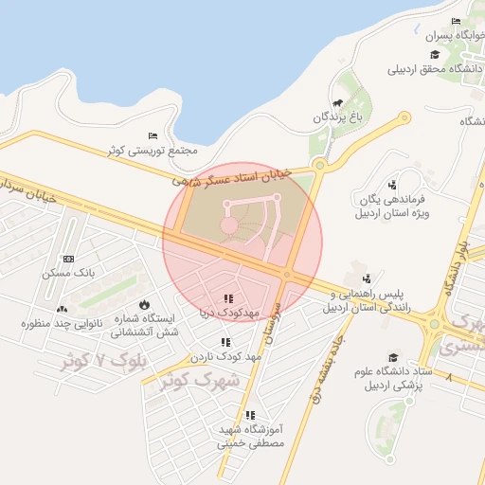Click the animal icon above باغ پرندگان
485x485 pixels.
click(335, 104)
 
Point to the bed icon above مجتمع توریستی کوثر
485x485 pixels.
click(153, 137)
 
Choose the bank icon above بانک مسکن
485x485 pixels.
click(68, 259)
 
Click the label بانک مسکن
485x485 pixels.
click(66, 273)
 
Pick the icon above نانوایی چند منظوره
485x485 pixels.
click(63, 309)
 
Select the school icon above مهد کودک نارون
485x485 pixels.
click(225, 342)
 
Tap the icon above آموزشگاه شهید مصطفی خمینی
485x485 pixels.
click(250, 415)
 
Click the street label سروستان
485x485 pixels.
click(272, 323)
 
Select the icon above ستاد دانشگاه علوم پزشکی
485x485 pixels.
click(392, 357)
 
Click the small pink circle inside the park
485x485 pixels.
click(228, 225)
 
